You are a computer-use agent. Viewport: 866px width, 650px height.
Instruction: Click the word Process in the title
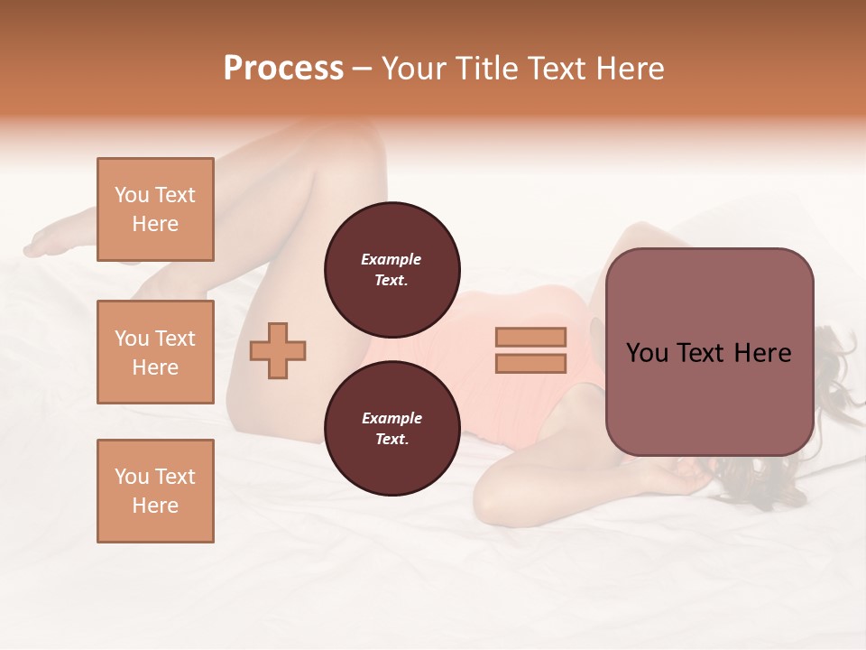[283, 69]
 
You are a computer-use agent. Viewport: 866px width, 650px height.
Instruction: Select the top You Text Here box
[155, 209]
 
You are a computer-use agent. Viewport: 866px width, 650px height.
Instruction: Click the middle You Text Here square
[155, 352]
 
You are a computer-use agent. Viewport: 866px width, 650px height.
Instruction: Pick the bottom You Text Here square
[155, 491]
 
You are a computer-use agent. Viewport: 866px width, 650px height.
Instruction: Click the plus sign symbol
[278, 350]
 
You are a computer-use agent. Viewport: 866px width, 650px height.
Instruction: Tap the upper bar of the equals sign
[531, 338]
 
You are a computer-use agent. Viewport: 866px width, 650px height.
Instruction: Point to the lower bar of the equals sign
[531, 364]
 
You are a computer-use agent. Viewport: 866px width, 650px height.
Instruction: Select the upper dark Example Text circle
[392, 269]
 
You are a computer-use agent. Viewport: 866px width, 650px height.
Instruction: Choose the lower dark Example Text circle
[392, 428]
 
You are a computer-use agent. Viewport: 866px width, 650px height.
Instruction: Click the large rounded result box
[709, 352]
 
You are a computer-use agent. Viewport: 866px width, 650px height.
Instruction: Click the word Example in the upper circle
[392, 259]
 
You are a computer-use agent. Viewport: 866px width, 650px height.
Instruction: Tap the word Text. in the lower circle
[392, 439]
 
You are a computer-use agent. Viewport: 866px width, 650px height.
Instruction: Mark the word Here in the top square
[155, 224]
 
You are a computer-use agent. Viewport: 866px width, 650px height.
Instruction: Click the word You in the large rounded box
[647, 353]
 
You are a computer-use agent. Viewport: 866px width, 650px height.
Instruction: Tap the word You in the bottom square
[131, 477]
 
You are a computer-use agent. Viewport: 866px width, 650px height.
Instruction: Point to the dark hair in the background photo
[834, 379]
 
